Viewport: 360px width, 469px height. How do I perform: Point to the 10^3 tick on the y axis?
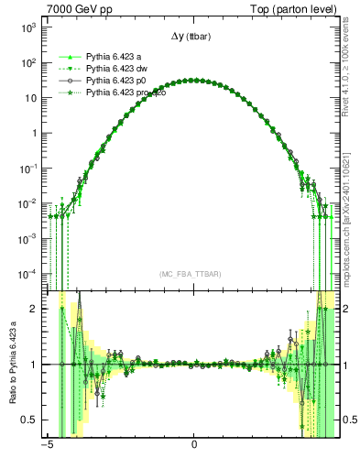pos(27,28)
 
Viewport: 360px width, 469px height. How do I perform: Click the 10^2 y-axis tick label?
pos(27,63)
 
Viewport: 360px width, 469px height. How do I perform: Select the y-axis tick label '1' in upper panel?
pos(33,133)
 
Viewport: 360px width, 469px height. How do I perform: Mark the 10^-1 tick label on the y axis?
pos(27,168)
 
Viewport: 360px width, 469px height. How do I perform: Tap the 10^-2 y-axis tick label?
pos(27,202)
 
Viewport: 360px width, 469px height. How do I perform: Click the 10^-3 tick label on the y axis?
pos(27,237)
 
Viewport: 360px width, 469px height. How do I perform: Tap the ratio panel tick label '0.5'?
pos(30,420)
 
